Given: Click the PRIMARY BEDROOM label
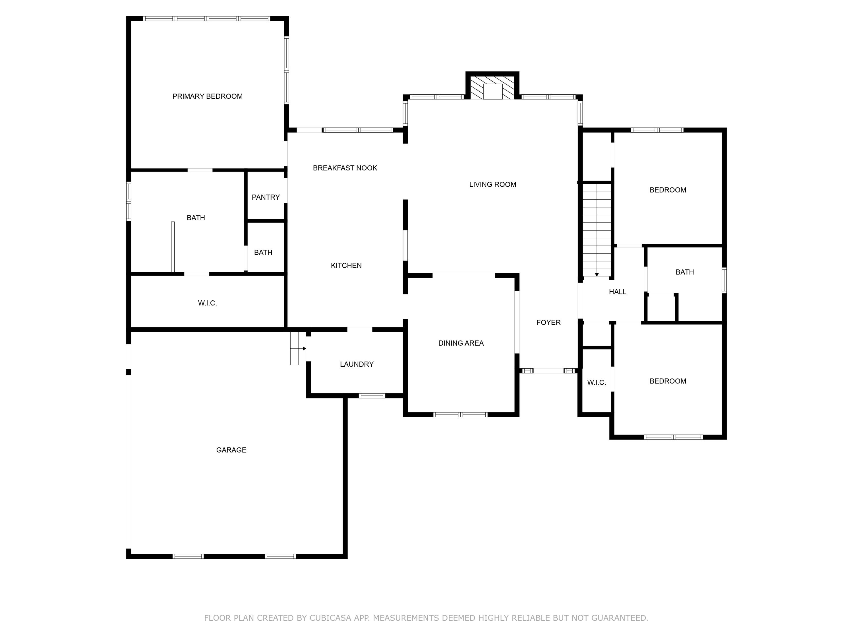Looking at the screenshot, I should tap(208, 96).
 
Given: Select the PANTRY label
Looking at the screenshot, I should tap(266, 197).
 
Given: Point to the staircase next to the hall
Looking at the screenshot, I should tap(597, 230).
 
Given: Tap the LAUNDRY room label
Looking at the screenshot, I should tap(357, 364).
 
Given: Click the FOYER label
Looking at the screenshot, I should tap(548, 323).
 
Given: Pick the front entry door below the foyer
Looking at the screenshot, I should tap(548, 371).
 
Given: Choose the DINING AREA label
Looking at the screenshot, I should tap(461, 343).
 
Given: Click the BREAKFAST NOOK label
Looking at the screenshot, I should tap(345, 168).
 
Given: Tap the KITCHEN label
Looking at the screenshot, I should tap(346, 265).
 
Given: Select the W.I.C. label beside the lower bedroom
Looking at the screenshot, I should tap(597, 383).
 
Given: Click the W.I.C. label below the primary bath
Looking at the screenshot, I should tap(208, 303).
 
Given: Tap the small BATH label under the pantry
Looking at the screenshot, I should tap(263, 253).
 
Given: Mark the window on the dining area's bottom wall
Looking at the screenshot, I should tap(460, 415).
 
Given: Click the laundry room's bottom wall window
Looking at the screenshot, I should tap(372, 395).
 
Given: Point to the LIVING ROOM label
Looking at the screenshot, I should tap(492, 184).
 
